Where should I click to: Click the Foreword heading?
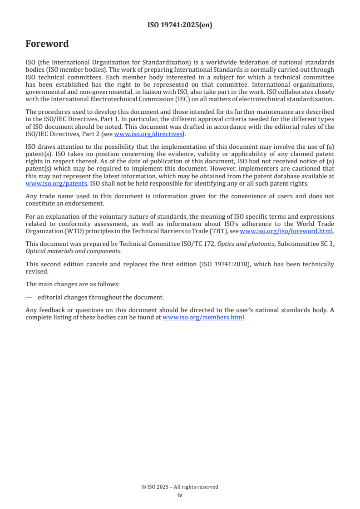[x=47, y=44]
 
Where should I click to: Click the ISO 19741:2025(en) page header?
[x=180, y=25]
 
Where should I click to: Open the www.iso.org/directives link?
[x=148, y=134]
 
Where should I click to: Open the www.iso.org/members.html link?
[x=203, y=318]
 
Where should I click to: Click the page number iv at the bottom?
[x=180, y=495]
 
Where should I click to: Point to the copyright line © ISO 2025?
[x=180, y=487]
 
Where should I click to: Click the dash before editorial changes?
[x=29, y=298]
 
